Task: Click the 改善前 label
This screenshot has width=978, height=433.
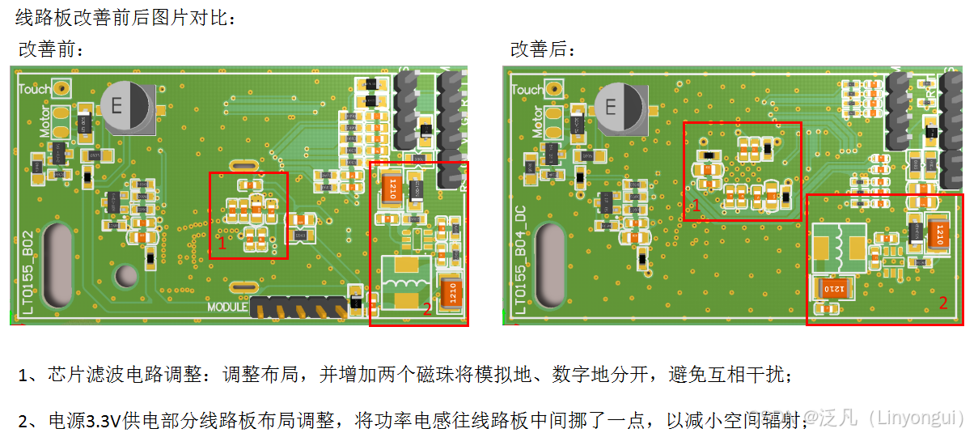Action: click(x=50, y=49)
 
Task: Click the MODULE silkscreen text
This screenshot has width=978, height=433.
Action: click(x=227, y=307)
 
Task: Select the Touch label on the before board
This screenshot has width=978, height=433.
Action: click(x=34, y=89)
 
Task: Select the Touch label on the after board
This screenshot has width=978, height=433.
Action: click(x=527, y=89)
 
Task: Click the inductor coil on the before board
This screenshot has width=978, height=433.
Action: click(x=409, y=282)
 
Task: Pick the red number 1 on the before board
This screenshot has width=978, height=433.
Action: click(x=221, y=243)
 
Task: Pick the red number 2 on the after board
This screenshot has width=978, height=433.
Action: click(x=942, y=303)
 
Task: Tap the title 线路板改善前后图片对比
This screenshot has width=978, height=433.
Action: click(x=125, y=17)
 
